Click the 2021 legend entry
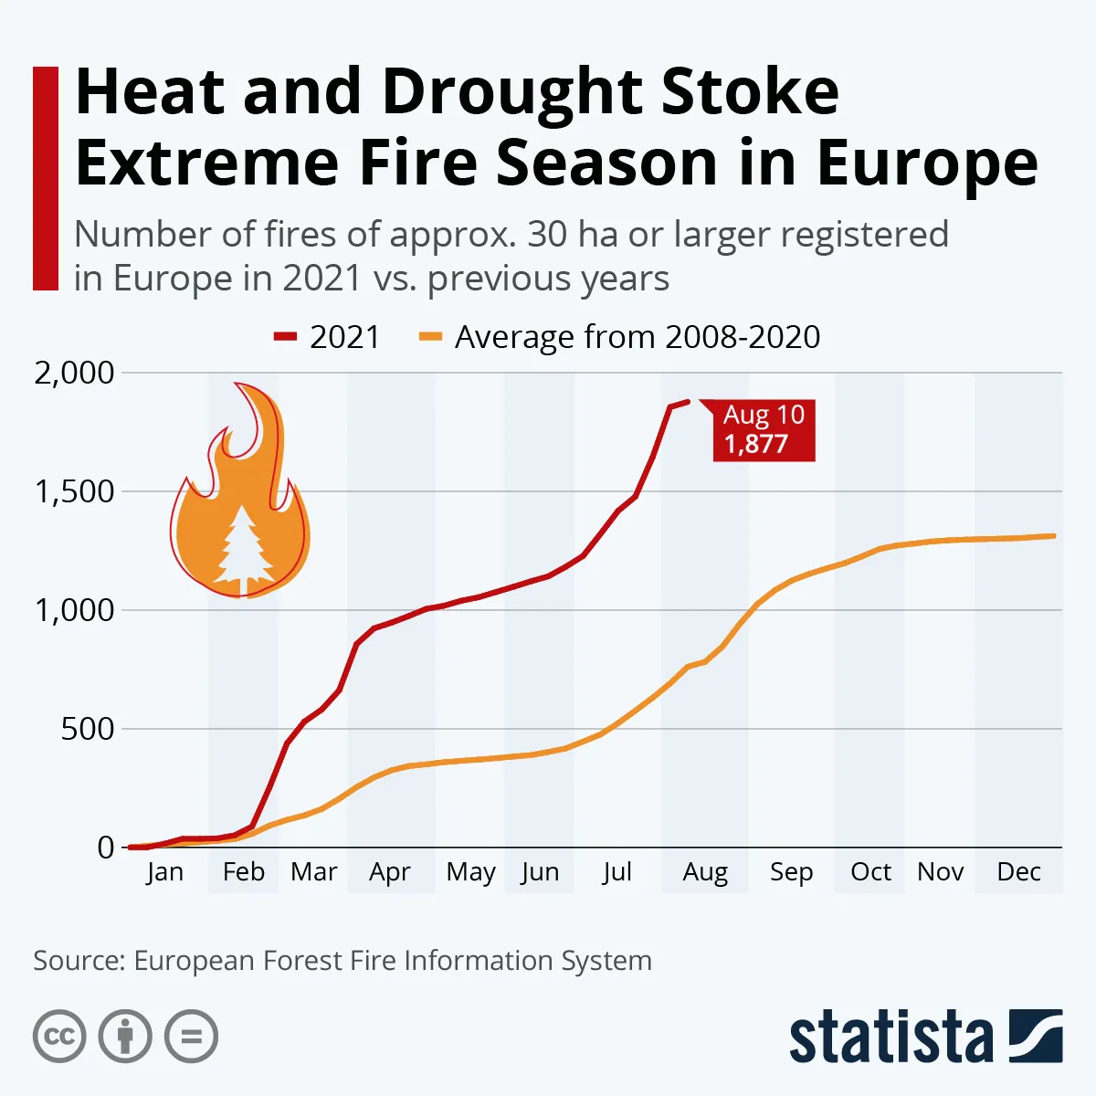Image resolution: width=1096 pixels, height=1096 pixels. pyautogui.click(x=327, y=337)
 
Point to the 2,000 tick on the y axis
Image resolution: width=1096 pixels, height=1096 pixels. pyautogui.click(x=75, y=373)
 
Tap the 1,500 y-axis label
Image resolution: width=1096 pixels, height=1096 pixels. pyautogui.click(x=75, y=491)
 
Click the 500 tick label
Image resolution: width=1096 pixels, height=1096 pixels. pyautogui.click(x=88, y=729)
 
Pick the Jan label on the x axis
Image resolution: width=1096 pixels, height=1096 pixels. pyautogui.click(x=164, y=872)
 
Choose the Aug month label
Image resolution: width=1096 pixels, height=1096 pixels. pyautogui.click(x=705, y=872)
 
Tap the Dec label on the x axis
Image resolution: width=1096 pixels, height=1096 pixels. pyautogui.click(x=1018, y=872)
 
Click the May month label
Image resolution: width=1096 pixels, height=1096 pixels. pyautogui.click(x=470, y=872)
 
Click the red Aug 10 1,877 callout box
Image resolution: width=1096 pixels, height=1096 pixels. pyautogui.click(x=764, y=429)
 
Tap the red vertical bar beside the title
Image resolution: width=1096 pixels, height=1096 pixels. pyautogui.click(x=45, y=178)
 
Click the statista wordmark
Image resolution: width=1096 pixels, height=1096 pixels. pyautogui.click(x=890, y=1038)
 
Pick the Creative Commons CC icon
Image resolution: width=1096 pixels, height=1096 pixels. pyautogui.click(x=59, y=1037)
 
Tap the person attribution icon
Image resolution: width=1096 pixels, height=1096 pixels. pyautogui.click(x=125, y=1037)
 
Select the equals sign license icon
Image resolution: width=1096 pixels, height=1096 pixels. pyautogui.click(x=192, y=1037)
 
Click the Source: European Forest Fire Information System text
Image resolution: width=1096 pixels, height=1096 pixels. pyautogui.click(x=342, y=961)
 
